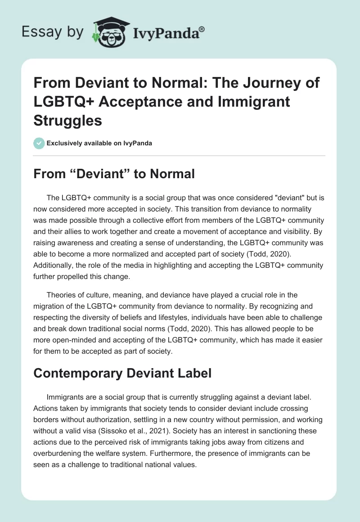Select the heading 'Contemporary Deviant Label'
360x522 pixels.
(122, 373)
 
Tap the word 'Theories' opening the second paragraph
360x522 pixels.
(61, 295)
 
